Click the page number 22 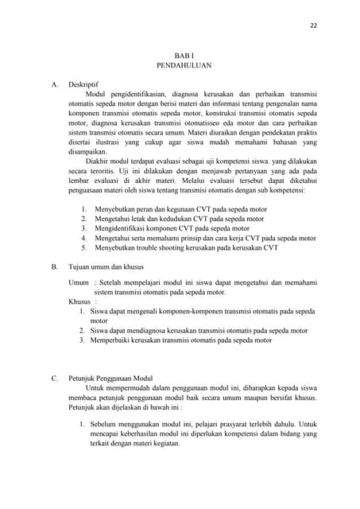pyautogui.click(x=313, y=25)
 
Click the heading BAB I pyautogui.click(x=184, y=56)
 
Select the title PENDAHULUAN pyautogui.click(x=184, y=68)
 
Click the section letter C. pyautogui.click(x=54, y=378)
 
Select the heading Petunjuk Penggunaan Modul pyautogui.click(x=110, y=378)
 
